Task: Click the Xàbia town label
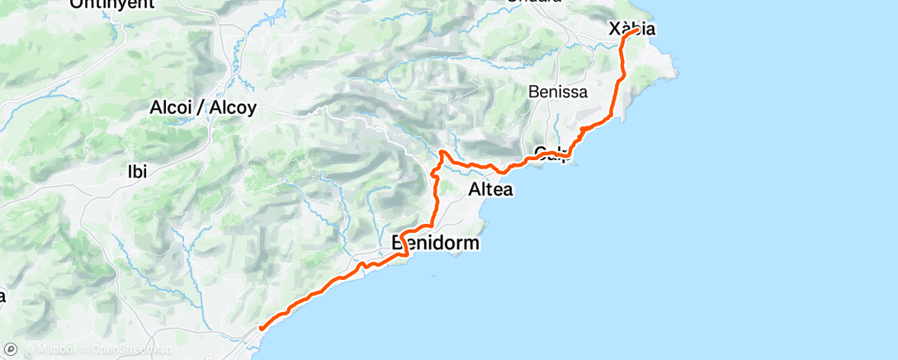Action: (x=631, y=29)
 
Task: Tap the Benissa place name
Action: (x=558, y=92)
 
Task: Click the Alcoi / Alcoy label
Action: (x=203, y=107)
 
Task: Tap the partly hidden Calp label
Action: (x=552, y=153)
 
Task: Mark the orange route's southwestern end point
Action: (x=261, y=329)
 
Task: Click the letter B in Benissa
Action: (x=533, y=92)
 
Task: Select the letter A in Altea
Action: (x=474, y=190)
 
